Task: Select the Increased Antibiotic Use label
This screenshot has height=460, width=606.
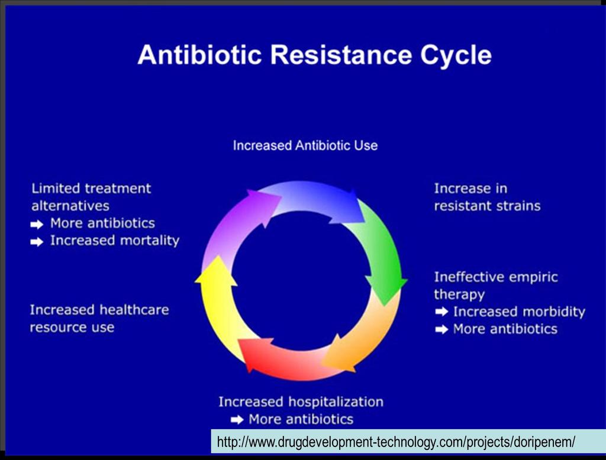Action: click(305, 145)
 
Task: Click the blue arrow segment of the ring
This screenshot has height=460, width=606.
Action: click(317, 201)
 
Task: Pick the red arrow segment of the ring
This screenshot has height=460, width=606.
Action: click(286, 357)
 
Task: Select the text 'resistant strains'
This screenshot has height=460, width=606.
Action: click(487, 206)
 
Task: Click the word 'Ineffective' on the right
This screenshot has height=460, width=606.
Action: click(467, 277)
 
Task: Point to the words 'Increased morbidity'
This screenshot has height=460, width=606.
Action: click(519, 312)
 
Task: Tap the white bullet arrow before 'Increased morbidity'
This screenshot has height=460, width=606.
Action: click(441, 312)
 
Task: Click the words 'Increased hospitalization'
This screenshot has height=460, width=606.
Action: click(301, 401)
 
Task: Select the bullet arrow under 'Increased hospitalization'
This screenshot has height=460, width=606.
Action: click(237, 419)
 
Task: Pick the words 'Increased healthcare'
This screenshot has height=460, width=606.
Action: click(99, 310)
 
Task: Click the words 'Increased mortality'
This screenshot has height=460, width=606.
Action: click(115, 241)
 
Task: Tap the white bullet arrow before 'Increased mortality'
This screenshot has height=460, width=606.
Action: click(37, 242)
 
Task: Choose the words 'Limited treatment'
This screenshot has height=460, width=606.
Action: click(91, 189)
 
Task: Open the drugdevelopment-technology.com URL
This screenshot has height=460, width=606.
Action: click(396, 442)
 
